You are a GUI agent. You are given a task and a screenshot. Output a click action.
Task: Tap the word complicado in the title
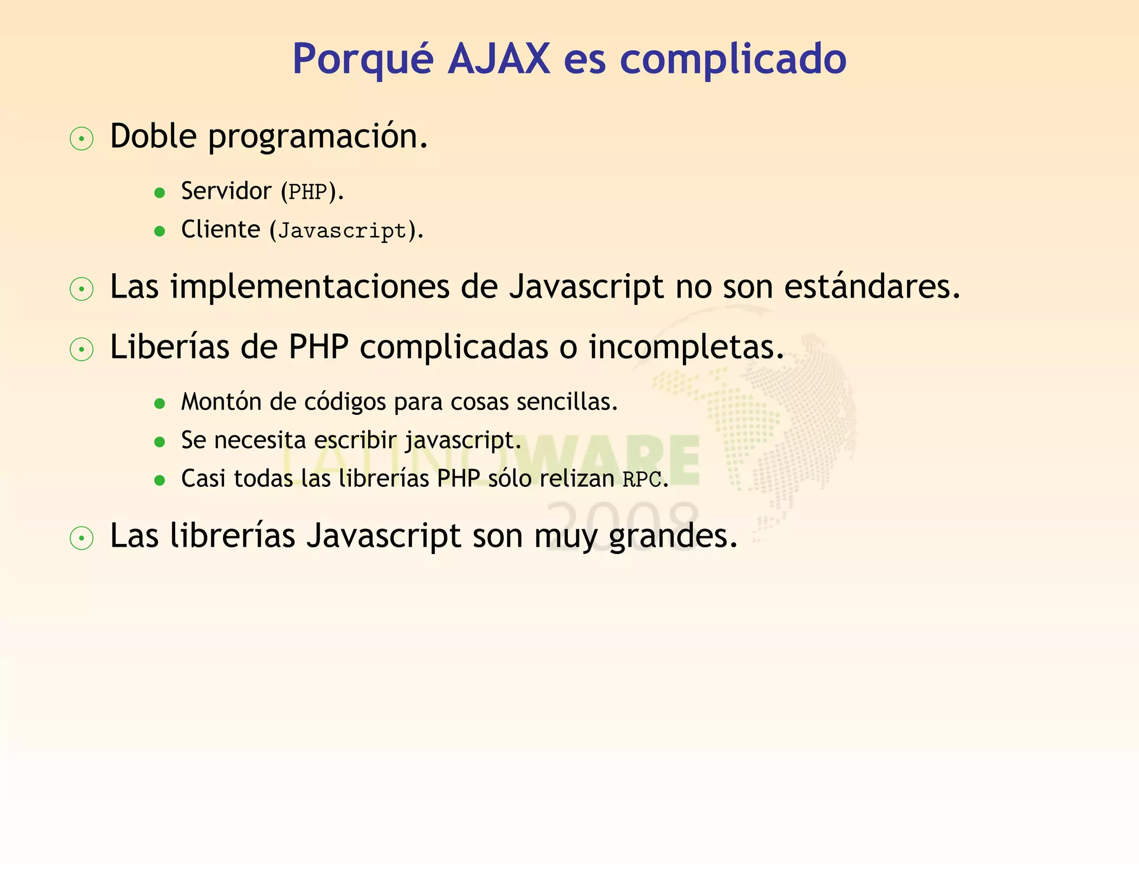click(732, 60)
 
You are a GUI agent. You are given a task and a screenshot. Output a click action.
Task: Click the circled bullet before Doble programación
click(82, 139)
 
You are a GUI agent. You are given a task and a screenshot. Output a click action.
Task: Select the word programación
click(318, 137)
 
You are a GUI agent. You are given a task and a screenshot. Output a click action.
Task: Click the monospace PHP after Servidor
click(308, 192)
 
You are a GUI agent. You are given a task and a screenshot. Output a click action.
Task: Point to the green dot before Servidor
click(160, 193)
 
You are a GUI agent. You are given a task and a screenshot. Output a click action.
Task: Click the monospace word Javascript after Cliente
click(342, 231)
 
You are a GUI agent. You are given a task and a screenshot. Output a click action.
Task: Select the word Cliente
click(220, 229)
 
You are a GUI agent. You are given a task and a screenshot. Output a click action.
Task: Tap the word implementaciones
click(310, 287)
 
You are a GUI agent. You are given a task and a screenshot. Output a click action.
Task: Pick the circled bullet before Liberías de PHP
click(82, 350)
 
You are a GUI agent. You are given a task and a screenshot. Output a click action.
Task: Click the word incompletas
click(686, 348)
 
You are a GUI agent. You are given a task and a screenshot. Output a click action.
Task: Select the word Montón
click(221, 402)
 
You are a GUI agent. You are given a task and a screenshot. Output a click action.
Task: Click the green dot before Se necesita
click(160, 442)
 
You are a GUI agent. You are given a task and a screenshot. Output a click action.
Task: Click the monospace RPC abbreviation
click(642, 479)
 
